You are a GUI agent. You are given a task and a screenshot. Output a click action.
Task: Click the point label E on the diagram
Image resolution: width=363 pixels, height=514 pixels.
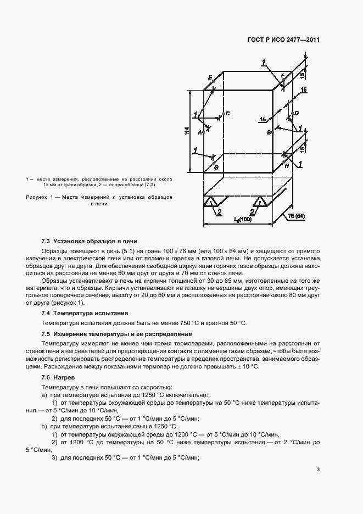point(210,79)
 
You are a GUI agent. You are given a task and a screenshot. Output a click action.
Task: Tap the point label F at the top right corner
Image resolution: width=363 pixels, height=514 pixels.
point(282,75)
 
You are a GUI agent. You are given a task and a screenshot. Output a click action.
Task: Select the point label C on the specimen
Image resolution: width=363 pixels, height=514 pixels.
point(227,113)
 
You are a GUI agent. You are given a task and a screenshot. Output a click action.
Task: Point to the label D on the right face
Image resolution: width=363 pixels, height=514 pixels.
point(296,113)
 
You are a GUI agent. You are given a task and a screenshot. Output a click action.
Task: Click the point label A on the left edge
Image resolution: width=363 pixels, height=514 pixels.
point(200,132)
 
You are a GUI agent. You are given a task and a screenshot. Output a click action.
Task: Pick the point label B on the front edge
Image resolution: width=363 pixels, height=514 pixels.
point(269,133)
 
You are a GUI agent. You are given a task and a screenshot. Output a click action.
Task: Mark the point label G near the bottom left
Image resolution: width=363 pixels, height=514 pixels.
point(216,166)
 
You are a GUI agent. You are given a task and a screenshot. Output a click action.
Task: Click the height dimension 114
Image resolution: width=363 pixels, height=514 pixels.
point(187,132)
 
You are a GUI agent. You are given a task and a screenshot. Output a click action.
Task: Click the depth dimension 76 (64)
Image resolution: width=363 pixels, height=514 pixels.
point(297,216)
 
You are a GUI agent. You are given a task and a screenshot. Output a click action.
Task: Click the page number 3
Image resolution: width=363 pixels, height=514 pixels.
point(318,469)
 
